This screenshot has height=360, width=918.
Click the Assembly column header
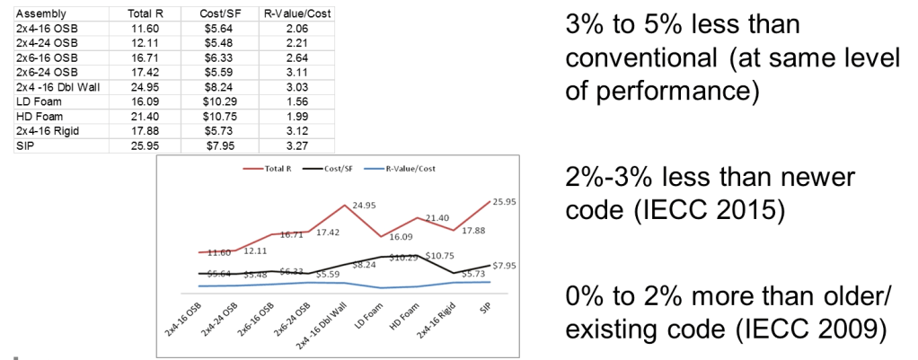[35, 15]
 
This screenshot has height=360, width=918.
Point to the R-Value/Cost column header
[289, 15]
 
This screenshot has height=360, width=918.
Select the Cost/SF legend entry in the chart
[338, 168]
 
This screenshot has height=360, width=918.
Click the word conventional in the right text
[638, 58]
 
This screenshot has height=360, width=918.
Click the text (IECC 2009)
[804, 330]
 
